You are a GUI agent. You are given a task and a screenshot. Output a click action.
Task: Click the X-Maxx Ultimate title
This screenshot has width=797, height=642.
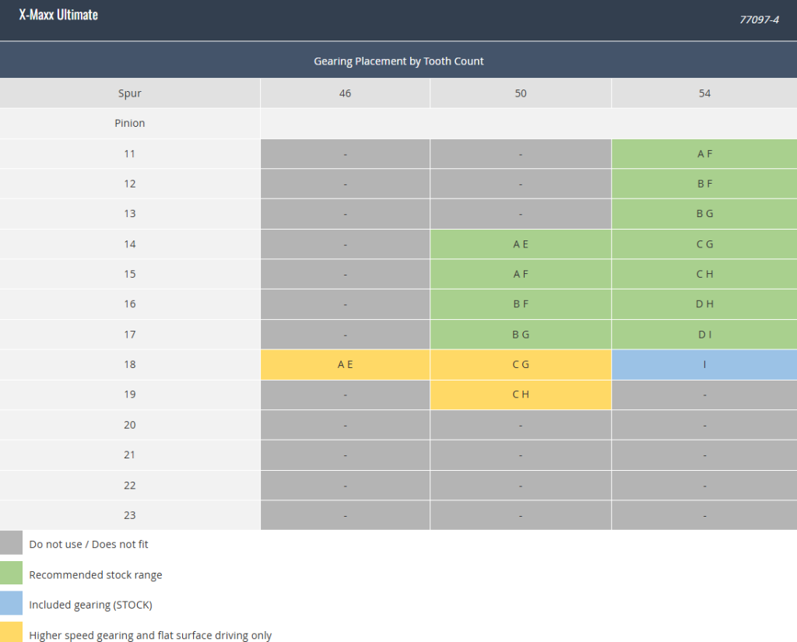(x=58, y=15)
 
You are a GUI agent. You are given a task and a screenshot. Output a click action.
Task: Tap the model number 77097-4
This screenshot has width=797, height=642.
(x=759, y=19)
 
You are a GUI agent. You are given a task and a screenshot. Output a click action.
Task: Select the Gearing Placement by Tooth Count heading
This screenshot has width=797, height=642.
(x=398, y=61)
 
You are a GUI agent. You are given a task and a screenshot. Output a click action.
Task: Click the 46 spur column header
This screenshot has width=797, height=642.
(x=345, y=93)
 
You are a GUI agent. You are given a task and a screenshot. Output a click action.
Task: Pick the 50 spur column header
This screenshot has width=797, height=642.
(x=521, y=93)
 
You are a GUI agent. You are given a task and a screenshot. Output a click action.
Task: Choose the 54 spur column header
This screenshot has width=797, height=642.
(x=704, y=93)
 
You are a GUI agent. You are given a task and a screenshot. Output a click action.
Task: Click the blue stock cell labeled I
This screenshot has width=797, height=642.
(x=704, y=364)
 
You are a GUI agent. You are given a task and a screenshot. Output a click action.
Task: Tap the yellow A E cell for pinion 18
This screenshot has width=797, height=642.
(x=345, y=364)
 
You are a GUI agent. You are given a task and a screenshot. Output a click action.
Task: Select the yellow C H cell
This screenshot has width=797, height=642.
(x=521, y=395)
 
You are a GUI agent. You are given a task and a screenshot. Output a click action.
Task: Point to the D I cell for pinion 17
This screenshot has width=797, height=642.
(x=704, y=335)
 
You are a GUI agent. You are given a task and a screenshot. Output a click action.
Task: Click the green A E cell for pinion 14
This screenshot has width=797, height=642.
(x=521, y=244)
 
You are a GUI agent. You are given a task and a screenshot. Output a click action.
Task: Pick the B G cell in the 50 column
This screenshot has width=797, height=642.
(x=521, y=335)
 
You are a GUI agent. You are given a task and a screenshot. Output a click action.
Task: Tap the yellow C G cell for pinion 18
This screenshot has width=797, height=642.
(x=521, y=364)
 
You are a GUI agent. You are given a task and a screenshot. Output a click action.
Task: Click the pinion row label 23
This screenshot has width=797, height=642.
(x=130, y=515)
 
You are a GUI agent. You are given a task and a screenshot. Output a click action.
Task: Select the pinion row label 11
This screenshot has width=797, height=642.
(x=130, y=153)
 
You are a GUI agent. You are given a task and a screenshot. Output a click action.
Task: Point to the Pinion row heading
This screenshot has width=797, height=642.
(x=130, y=123)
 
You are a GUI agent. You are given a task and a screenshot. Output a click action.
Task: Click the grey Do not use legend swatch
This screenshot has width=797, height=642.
(x=11, y=542)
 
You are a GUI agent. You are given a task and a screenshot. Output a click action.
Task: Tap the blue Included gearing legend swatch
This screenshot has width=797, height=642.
(x=11, y=603)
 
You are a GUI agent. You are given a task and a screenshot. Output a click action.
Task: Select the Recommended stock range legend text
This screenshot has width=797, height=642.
(x=96, y=575)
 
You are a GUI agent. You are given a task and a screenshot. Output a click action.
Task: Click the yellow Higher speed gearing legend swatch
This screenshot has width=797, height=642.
(x=11, y=632)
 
